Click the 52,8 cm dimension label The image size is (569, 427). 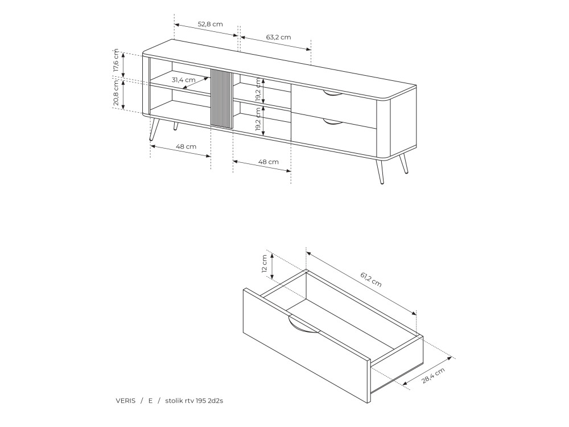pos(210,24)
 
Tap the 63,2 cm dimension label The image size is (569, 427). pos(278,37)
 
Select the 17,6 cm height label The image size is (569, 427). pos(116,61)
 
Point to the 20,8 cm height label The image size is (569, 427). pos(116,93)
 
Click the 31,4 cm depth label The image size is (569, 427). pos(183,80)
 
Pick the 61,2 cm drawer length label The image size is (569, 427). pos(371,279)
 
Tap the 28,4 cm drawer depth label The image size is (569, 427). pos(433,375)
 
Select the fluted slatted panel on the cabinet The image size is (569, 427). pos(222,98)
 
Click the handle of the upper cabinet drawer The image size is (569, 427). pos(332,95)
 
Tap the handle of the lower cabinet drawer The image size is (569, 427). pos(332,122)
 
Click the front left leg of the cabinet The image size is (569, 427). pos(154,129)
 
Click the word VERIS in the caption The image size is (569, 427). pos(126,401)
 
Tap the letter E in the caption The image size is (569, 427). pos(151,401)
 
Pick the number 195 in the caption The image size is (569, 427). pos(201,401)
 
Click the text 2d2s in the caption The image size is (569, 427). pos(216,401)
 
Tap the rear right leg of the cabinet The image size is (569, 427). pos(404,163)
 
